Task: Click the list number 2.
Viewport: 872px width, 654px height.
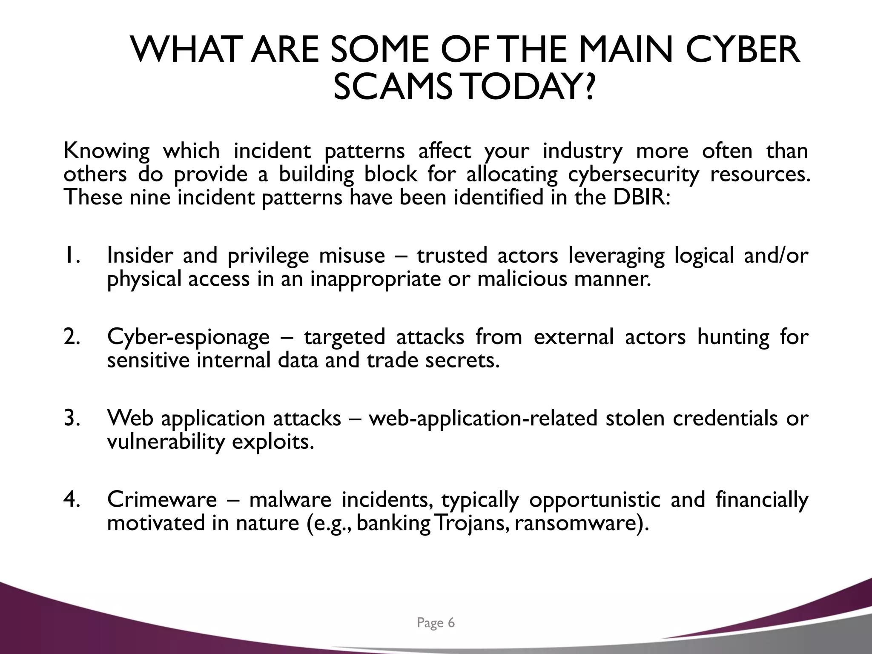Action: pyautogui.click(x=72, y=337)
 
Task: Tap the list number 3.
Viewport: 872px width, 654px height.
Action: pyautogui.click(x=72, y=418)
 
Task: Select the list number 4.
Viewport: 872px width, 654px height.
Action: pyautogui.click(x=72, y=499)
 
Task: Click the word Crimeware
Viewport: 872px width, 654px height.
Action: pyautogui.click(x=162, y=499)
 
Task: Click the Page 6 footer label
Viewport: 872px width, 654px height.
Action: pyautogui.click(x=436, y=623)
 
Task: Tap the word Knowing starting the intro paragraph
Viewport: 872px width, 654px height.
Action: pyautogui.click(x=106, y=152)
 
